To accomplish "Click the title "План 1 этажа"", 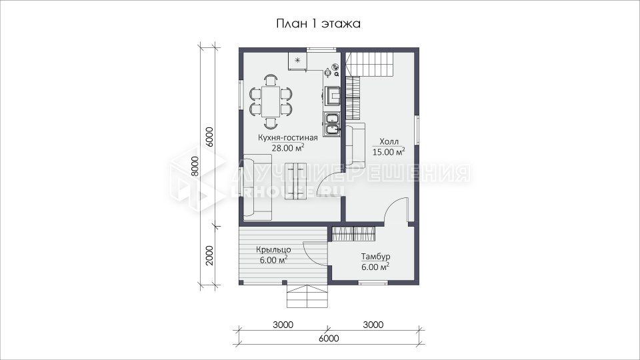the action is click(x=319, y=24).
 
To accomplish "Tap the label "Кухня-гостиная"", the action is click(x=288, y=137).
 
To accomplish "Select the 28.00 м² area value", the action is click(x=288, y=148).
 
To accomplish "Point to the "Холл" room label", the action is click(x=389, y=141).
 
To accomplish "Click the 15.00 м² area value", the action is click(x=389, y=152).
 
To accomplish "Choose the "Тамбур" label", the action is click(x=375, y=257).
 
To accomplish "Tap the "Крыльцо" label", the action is click(x=273, y=250).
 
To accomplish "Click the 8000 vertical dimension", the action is click(x=195, y=166).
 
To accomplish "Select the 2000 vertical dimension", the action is click(x=209, y=255).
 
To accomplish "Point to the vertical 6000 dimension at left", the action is click(x=209, y=137).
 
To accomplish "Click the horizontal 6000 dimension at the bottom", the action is click(x=329, y=339).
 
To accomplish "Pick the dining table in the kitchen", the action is click(x=271, y=101).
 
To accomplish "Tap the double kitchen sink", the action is click(x=331, y=125).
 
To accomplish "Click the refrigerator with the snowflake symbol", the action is click(x=297, y=61).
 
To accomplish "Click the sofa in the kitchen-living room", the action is click(x=257, y=187).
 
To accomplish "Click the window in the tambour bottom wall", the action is click(x=373, y=283).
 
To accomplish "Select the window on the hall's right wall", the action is click(x=417, y=129).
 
